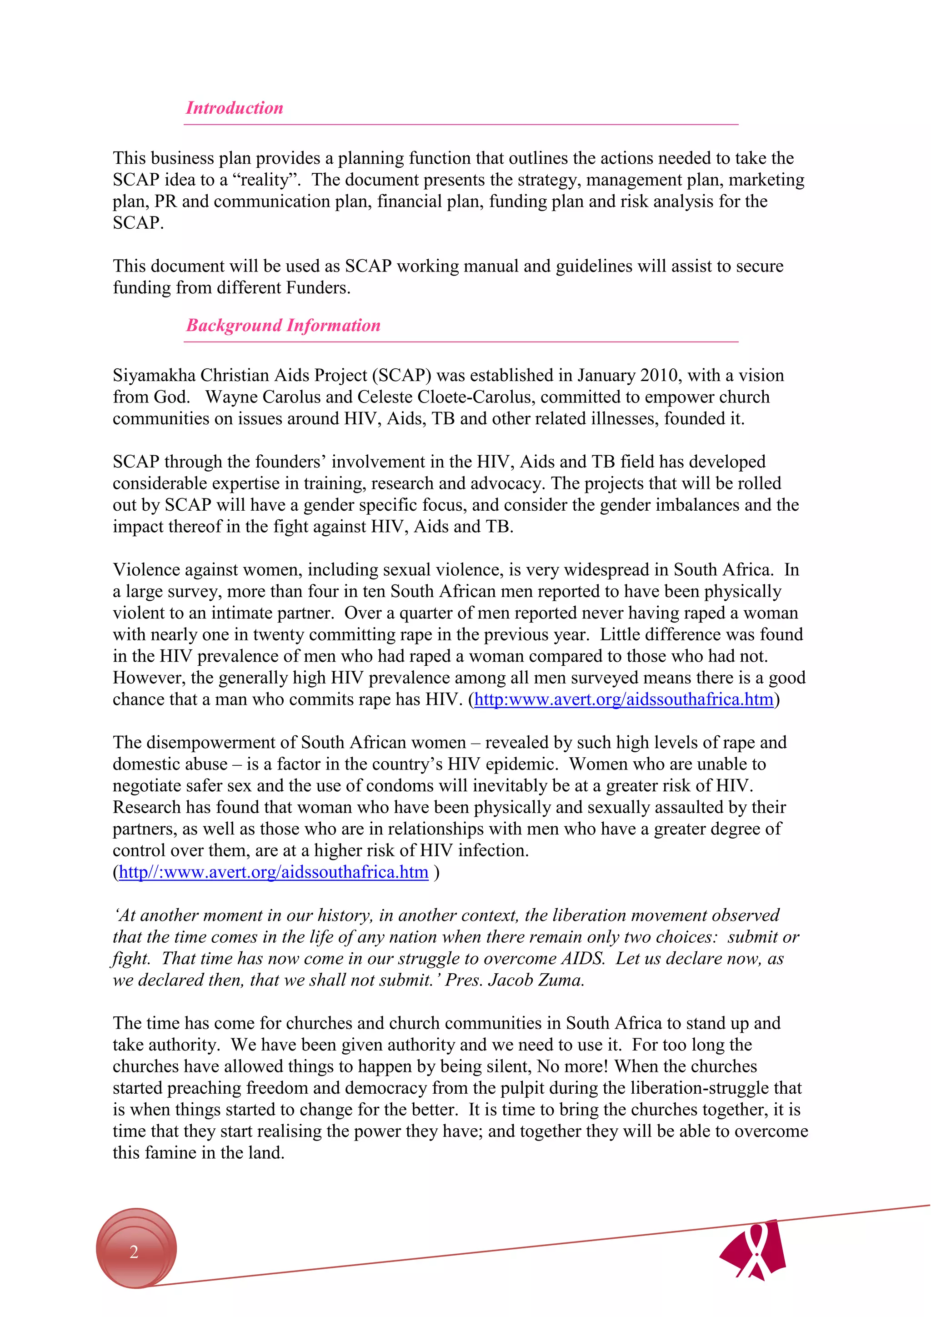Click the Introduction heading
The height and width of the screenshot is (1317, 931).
tap(235, 108)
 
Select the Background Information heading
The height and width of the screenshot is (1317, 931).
tap(283, 325)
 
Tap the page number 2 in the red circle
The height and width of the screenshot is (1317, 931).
tap(134, 1251)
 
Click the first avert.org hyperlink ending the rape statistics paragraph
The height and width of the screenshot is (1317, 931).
tap(624, 699)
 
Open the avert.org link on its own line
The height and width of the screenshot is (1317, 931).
tap(274, 872)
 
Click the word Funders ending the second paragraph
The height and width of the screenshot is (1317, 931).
tap(318, 287)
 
